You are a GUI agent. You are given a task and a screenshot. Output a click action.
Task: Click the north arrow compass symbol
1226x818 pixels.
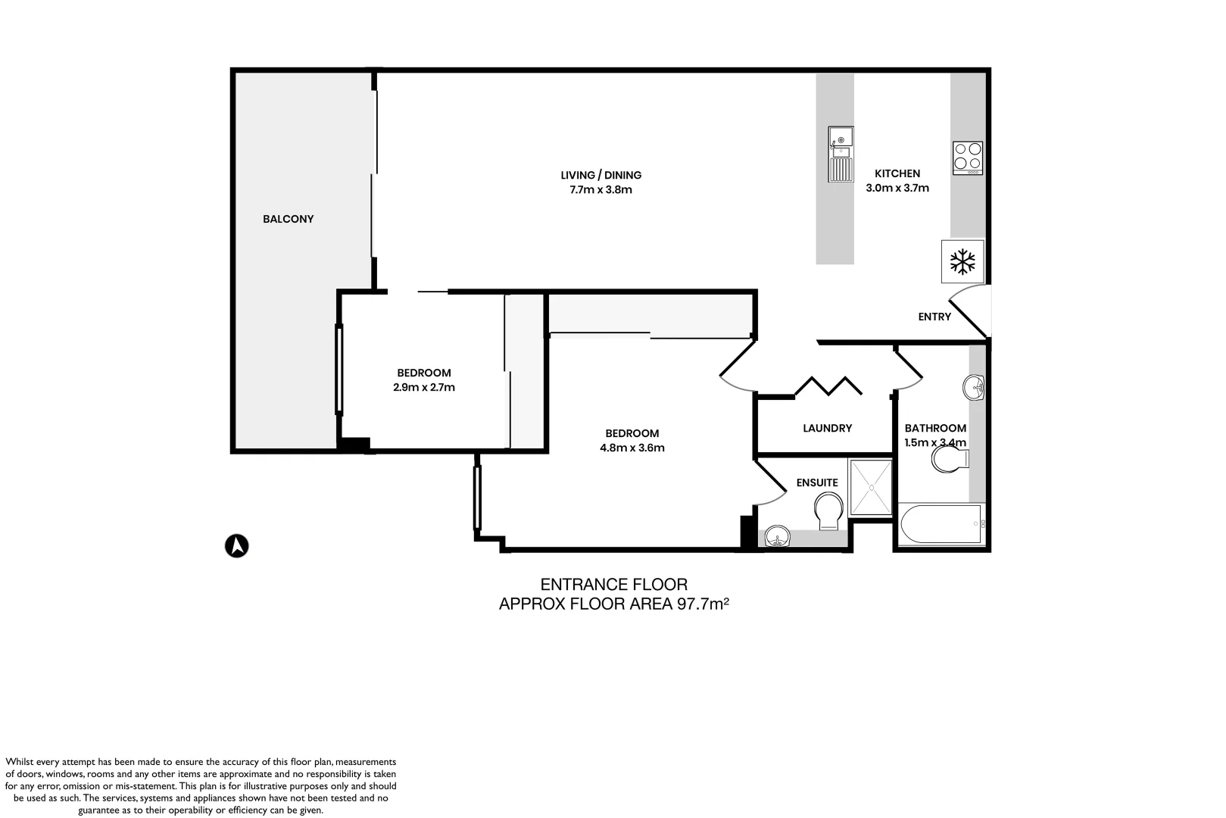click(237, 545)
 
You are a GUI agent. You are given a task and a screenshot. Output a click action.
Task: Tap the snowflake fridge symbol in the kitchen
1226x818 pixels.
click(962, 262)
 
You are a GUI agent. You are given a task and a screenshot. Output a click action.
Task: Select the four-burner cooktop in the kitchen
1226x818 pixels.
click(968, 158)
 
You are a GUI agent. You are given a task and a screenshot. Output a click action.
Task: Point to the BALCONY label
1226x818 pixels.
click(288, 219)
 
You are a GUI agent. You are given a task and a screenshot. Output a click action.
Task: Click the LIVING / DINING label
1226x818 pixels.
click(601, 175)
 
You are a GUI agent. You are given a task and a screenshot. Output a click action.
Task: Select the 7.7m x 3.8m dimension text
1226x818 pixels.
click(601, 189)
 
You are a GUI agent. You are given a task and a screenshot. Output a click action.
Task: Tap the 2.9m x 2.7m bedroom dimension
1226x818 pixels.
click(423, 387)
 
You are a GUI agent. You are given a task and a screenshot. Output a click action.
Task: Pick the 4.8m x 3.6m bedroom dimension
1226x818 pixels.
click(632, 448)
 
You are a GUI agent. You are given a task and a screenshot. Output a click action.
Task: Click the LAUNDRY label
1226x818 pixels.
click(827, 428)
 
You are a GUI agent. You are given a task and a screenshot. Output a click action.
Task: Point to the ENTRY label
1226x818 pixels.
click(934, 317)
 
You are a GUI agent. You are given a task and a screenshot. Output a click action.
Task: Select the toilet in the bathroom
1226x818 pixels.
click(950, 459)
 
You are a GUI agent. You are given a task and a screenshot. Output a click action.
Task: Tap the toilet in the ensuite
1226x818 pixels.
click(828, 511)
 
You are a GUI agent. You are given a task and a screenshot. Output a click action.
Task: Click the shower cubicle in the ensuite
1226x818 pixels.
click(871, 487)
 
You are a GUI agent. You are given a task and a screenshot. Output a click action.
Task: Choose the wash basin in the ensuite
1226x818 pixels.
click(776, 539)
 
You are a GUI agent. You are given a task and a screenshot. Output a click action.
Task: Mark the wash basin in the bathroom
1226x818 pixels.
click(974, 388)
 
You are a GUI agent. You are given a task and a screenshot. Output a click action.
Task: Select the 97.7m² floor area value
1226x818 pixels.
click(701, 604)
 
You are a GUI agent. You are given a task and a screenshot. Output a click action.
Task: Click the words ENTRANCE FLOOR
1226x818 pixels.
click(613, 585)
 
